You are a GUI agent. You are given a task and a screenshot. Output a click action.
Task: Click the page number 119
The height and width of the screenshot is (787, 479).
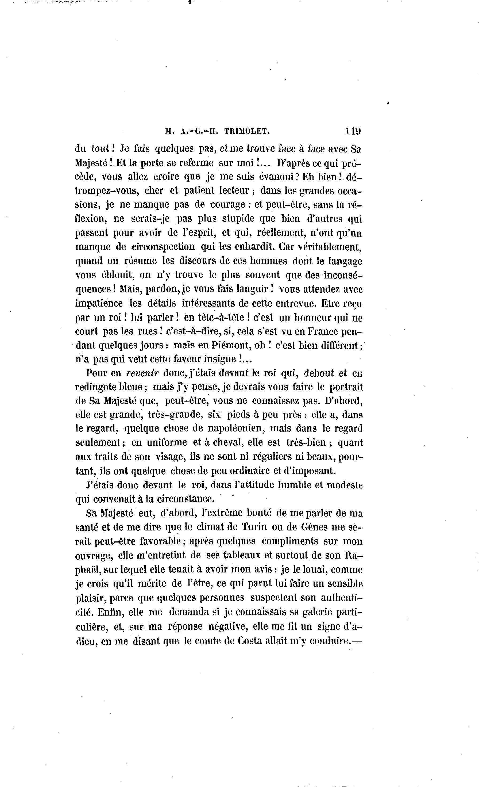352,131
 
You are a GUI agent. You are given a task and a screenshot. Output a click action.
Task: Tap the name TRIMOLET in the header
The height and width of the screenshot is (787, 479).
247,131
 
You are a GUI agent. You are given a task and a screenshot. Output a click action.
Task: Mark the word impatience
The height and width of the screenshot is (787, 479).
99,303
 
